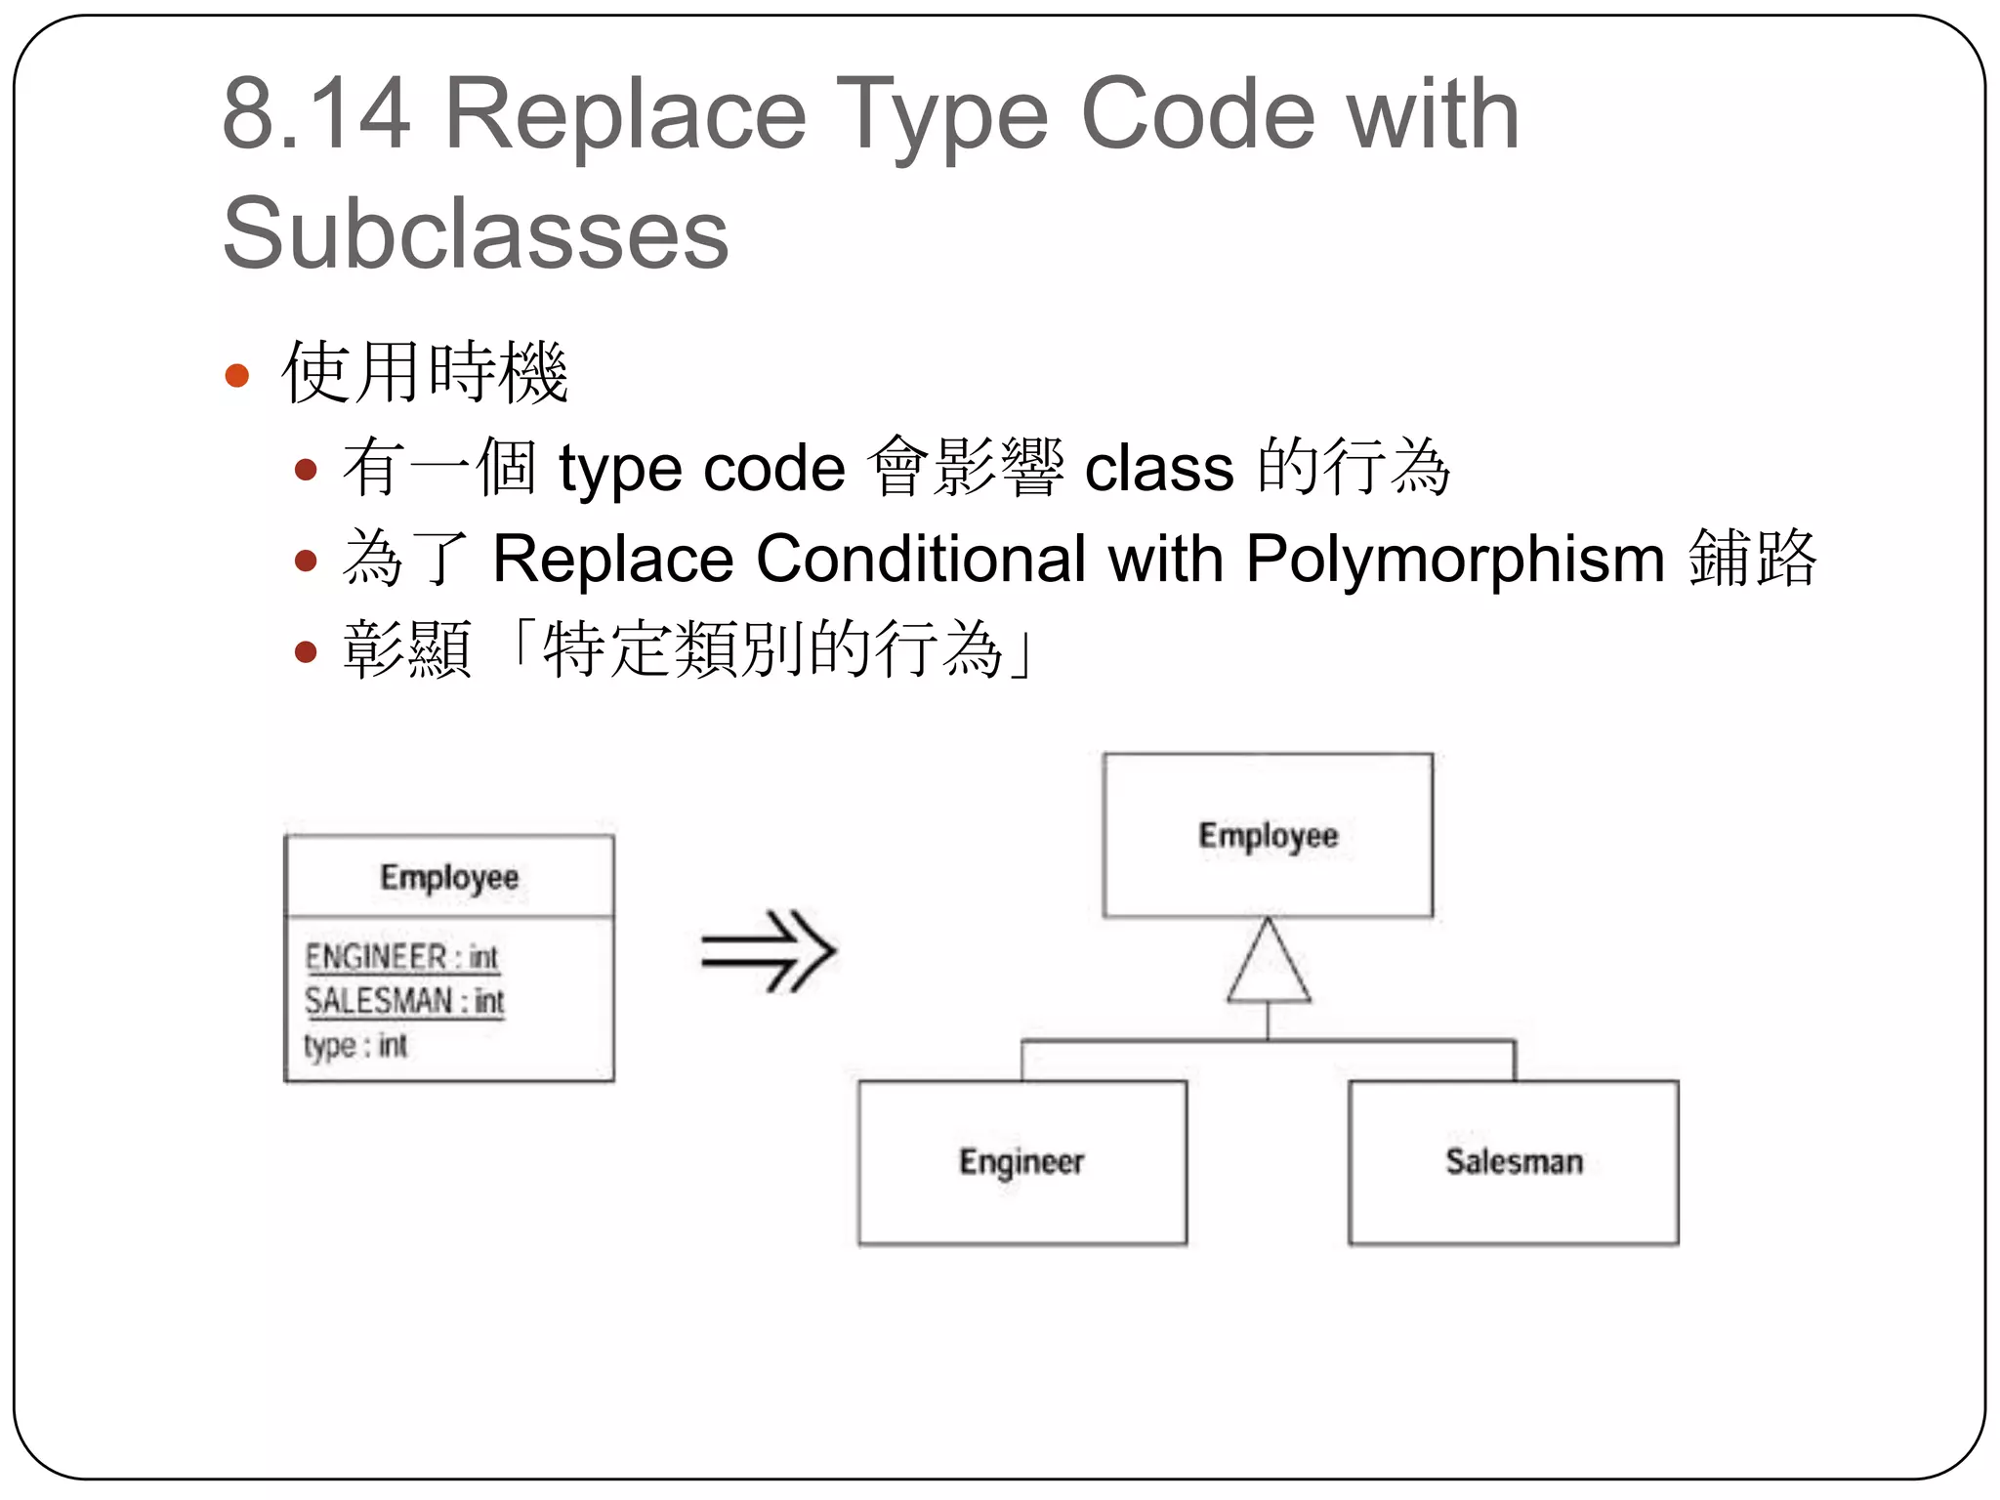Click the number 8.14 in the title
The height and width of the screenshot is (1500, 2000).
315,115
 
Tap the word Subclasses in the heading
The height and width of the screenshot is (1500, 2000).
476,234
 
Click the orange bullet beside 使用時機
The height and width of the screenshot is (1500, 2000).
237,375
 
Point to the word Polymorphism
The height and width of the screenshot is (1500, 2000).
1455,560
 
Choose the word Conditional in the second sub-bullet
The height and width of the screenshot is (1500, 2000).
921,560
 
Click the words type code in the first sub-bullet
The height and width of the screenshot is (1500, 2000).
701,469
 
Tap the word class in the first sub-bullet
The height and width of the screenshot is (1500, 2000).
1159,469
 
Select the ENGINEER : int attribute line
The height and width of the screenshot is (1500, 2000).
401,956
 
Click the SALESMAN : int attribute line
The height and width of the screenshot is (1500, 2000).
404,1001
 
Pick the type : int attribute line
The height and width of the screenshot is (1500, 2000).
355,1046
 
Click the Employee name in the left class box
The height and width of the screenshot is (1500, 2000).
449,877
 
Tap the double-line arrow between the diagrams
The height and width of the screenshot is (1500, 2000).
769,951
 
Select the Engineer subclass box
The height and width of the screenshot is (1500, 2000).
1022,1162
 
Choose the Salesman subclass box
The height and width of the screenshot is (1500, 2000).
1514,1162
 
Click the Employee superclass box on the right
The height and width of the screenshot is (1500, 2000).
1268,835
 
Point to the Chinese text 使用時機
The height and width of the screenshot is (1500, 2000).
425,373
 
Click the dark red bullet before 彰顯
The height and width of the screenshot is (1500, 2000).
307,651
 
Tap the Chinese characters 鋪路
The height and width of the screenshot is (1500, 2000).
1752,560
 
